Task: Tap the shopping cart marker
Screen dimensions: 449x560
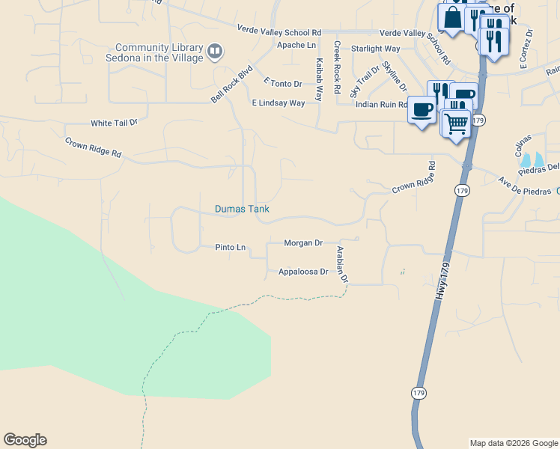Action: coord(456,123)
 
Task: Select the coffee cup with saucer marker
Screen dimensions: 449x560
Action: coord(422,110)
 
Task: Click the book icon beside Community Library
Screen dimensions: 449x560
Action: coord(215,52)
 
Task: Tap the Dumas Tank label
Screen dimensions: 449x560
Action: coord(242,210)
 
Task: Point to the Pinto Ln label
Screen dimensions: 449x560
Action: coord(230,247)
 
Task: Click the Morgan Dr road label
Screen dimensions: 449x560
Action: coord(303,243)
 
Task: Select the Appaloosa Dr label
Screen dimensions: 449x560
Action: coord(303,272)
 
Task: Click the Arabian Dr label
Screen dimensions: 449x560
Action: coord(343,264)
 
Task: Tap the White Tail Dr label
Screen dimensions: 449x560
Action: coord(115,123)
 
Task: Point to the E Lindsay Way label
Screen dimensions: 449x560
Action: coord(279,103)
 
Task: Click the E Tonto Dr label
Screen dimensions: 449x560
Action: coord(283,82)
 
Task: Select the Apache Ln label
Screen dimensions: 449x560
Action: coord(296,45)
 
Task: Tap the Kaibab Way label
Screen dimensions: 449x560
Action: coord(320,80)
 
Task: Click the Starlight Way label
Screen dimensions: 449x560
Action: coord(376,49)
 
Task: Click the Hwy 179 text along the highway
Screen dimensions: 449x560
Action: coord(442,281)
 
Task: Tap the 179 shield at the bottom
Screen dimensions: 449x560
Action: coord(418,392)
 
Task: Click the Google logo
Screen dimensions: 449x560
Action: coord(25,440)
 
